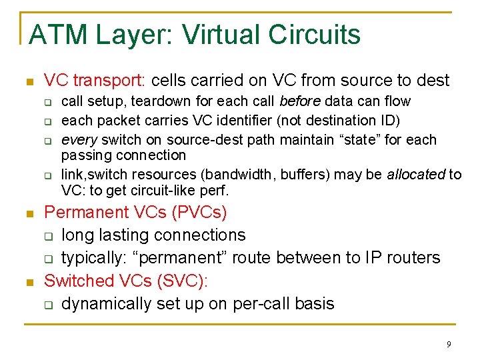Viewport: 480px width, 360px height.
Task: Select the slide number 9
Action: tap(449, 344)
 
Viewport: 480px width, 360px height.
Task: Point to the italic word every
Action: tap(77, 140)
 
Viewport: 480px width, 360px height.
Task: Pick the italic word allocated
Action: tap(415, 175)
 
